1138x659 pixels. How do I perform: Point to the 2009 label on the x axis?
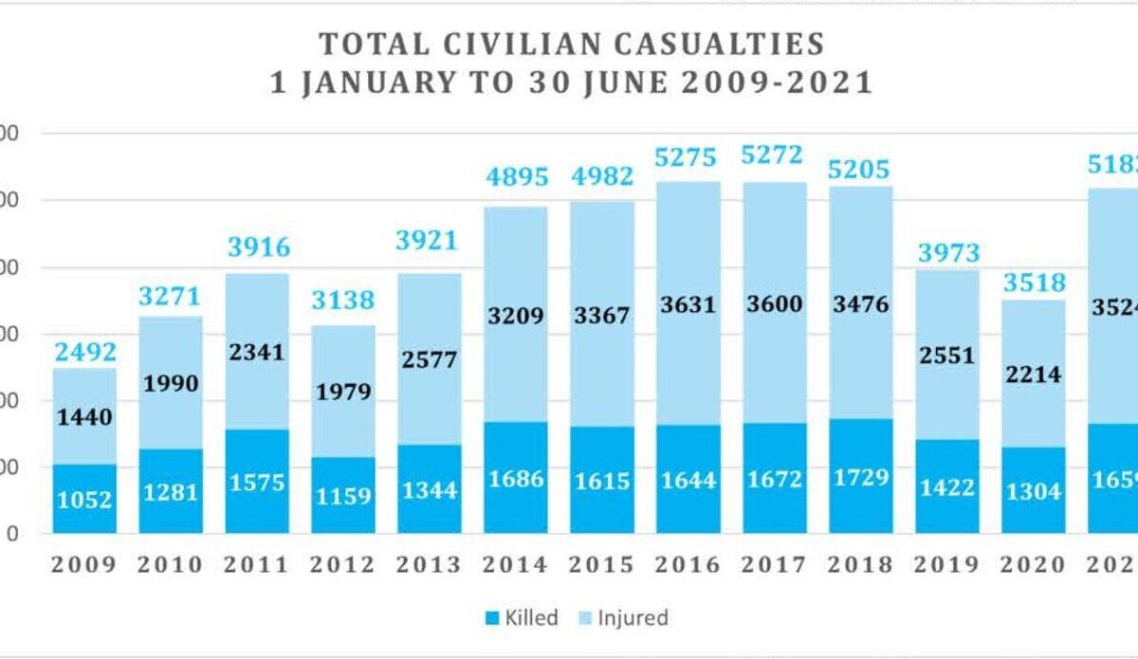pos(83,565)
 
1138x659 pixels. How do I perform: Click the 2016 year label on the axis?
pos(688,565)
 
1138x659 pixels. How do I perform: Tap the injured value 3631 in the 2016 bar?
pos(688,305)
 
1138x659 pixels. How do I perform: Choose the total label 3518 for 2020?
pos(1035,283)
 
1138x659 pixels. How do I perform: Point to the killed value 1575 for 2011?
pos(257,484)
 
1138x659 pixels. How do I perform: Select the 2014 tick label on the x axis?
pos(515,565)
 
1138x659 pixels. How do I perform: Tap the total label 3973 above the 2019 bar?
pos(948,253)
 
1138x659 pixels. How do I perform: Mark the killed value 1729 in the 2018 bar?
pos(861,477)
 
